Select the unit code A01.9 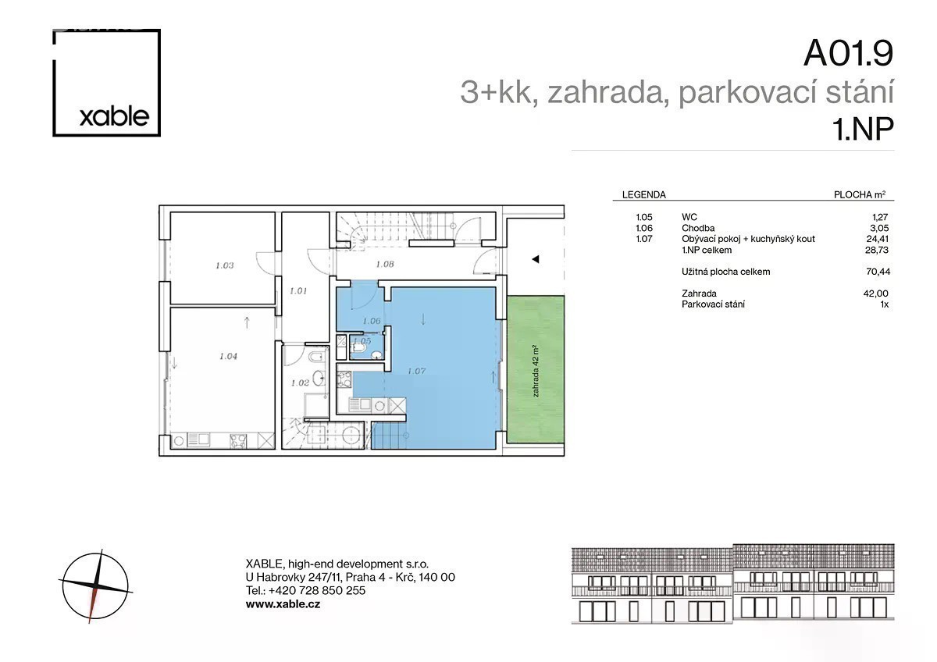[x=848, y=53]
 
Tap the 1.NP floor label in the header [x=863, y=129]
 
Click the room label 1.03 [x=225, y=265]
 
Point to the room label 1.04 [x=228, y=356]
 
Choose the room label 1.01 [x=298, y=290]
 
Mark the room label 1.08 [x=385, y=264]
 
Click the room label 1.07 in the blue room [x=417, y=371]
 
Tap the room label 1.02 [x=300, y=383]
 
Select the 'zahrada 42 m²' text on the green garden [x=536, y=371]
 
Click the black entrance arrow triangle [x=535, y=259]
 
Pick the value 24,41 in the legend [x=877, y=239]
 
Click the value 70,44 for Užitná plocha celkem [x=878, y=272]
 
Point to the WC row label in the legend [x=689, y=217]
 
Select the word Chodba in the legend [x=698, y=228]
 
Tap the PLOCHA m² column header [x=860, y=194]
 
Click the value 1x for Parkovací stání [x=884, y=304]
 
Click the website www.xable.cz [x=283, y=604]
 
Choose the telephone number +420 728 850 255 [x=317, y=590]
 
